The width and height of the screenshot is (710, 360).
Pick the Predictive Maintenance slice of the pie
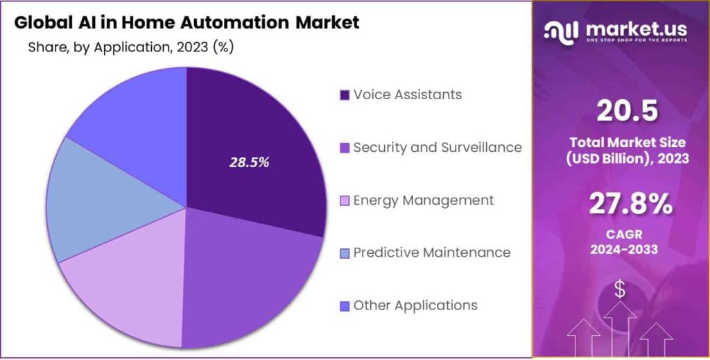coord(104,201)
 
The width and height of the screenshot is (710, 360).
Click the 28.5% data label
coord(250,162)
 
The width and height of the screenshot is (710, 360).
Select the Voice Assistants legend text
coord(407,94)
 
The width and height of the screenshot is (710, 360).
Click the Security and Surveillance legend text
coord(437,147)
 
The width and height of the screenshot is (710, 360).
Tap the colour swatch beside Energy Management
coord(344,201)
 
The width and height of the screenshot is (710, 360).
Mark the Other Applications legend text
coord(415,305)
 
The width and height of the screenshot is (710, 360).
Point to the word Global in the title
coord(40,22)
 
